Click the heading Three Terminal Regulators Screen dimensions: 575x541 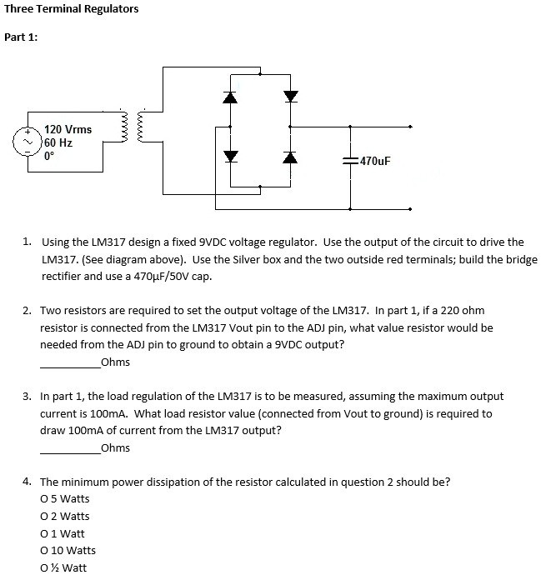point(72,9)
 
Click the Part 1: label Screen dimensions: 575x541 point(21,37)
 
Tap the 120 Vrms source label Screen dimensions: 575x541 point(68,129)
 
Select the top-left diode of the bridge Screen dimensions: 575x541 point(231,97)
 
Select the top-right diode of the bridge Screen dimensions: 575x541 point(290,97)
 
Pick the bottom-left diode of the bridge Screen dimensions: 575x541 point(231,157)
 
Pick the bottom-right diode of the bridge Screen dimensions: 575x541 point(290,157)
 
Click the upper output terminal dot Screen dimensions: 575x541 point(409,127)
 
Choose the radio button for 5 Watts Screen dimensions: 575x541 point(44,499)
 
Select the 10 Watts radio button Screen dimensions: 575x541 point(44,551)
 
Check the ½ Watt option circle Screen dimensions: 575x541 point(44,568)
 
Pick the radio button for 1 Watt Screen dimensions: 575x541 point(44,533)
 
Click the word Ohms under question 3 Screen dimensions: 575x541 point(115,448)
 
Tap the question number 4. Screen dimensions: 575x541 point(28,482)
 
